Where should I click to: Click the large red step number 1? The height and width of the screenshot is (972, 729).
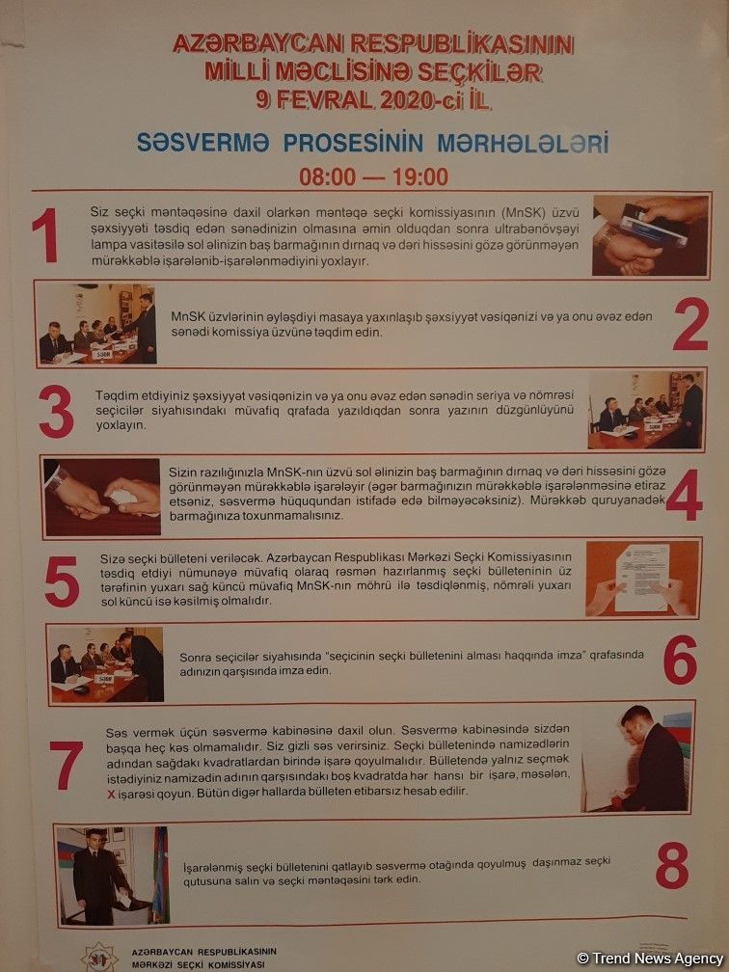pyautogui.click(x=45, y=235)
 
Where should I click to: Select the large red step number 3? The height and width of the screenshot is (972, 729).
pyautogui.click(x=56, y=413)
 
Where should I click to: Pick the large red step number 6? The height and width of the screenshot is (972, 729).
pyautogui.click(x=679, y=661)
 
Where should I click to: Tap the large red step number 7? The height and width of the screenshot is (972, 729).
pyautogui.click(x=66, y=766)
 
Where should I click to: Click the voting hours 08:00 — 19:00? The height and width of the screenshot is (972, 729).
pyautogui.click(x=374, y=177)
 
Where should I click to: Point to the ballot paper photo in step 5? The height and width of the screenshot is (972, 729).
pyautogui.click(x=641, y=579)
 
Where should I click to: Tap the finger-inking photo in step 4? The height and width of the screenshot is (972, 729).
pyautogui.click(x=102, y=496)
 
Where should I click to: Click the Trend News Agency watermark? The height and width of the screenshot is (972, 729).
pyautogui.click(x=649, y=958)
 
